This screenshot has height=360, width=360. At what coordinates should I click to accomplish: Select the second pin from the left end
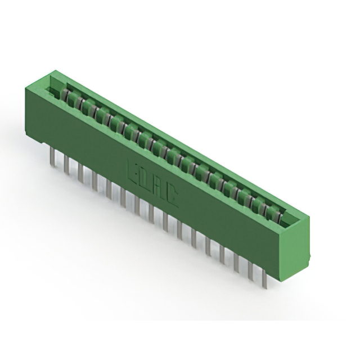coord(66,164)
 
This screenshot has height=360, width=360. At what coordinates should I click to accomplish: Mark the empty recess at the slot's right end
coord(290,219)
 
